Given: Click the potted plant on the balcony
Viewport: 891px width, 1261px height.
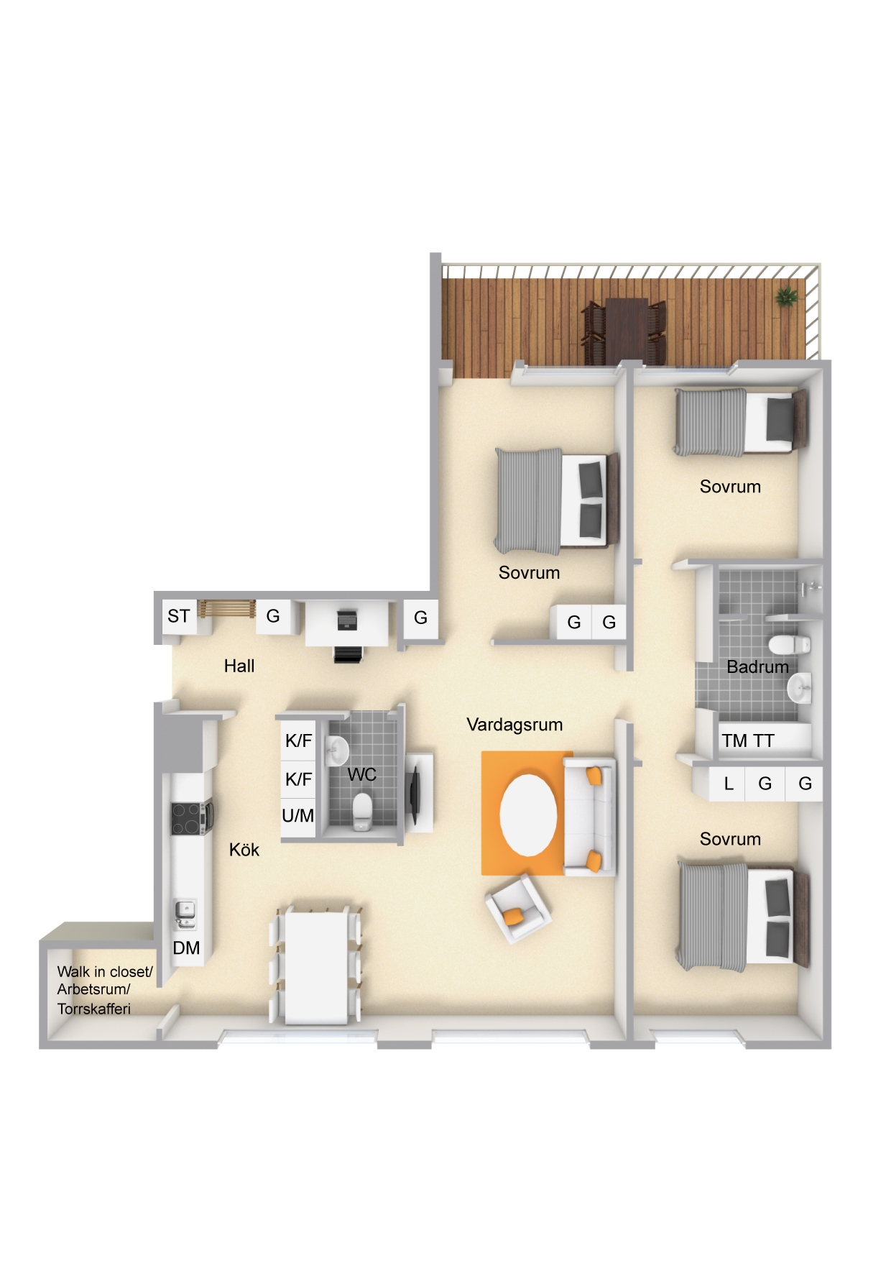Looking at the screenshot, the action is tap(786, 296).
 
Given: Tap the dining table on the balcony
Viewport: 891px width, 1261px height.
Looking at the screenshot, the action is tap(626, 329).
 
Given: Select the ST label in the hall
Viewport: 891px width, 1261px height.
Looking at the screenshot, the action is tap(179, 616).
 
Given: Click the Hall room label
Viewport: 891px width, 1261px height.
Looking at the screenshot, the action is tap(239, 666).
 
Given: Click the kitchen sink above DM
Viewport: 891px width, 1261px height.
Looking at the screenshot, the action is tap(185, 913).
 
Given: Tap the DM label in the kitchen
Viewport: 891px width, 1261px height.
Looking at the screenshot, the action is tap(186, 948).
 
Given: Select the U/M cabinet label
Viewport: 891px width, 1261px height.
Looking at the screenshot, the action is tap(297, 816).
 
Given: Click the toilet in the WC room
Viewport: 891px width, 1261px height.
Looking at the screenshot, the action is tap(363, 812).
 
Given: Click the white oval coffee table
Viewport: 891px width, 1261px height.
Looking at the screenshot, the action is tap(528, 815).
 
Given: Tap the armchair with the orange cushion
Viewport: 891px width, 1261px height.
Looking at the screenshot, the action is tap(518, 909).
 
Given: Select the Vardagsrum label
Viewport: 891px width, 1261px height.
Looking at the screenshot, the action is tap(514, 725).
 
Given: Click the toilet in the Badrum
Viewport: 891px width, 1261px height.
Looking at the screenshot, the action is tap(788, 643).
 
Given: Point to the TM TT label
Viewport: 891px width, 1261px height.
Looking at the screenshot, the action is tap(748, 740).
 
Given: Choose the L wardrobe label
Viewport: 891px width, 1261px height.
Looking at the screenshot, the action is tap(729, 784).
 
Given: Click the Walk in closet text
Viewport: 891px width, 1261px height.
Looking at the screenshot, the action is tap(105, 972).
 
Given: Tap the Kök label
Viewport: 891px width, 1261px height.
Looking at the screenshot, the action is tap(244, 850).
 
